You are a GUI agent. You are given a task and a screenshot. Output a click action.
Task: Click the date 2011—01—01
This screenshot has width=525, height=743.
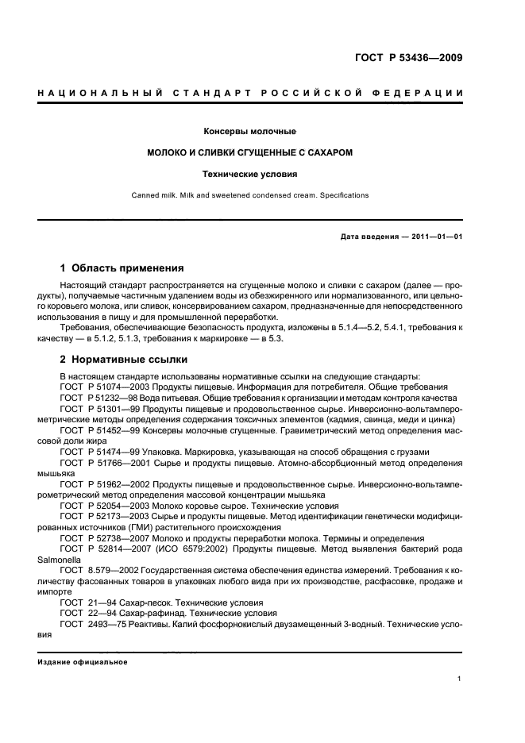coord(434,237)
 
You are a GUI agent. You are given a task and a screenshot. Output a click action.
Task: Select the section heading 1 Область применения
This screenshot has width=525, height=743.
coord(122,268)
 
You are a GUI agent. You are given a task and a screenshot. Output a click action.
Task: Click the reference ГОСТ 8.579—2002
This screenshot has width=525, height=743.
coord(97,570)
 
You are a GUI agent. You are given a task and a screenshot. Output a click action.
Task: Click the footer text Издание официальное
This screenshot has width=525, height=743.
coord(82,662)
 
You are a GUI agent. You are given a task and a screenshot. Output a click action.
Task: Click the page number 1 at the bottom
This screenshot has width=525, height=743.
coord(460,678)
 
